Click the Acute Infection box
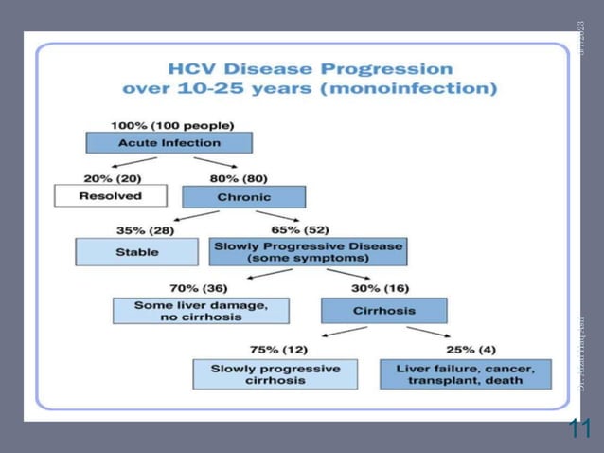[x=169, y=143]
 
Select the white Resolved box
[x=110, y=196]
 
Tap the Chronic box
[x=243, y=197]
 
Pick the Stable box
[x=136, y=252]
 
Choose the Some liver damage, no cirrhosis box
[x=201, y=311]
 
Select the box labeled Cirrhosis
[x=383, y=311]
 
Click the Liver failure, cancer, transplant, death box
[x=465, y=373]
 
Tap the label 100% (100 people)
[x=172, y=125]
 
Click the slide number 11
[x=579, y=428]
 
